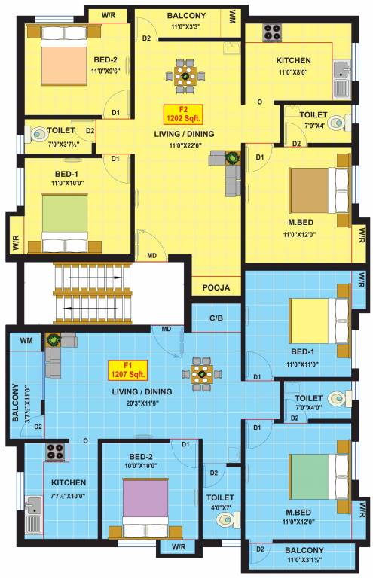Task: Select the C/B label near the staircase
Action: pos(216,318)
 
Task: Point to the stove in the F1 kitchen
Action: pos(55,452)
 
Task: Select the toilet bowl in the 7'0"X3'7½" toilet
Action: pos(38,135)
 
